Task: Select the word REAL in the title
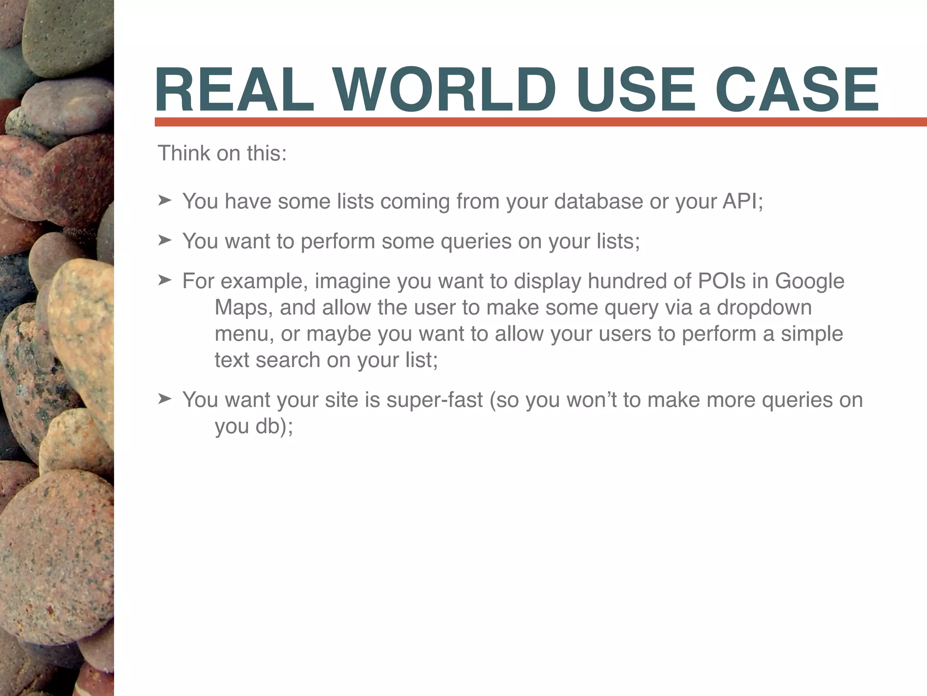234,90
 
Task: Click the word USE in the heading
636,90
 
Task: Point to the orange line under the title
540,122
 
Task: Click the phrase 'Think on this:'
222,153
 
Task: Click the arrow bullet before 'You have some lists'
165,200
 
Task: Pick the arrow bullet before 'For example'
165,280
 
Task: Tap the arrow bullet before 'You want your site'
165,399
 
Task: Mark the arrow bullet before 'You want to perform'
165,240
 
